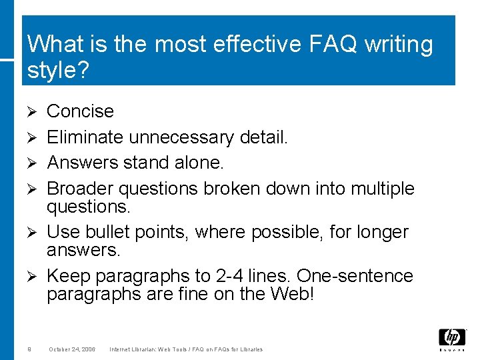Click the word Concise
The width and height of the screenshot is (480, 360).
pos(80,111)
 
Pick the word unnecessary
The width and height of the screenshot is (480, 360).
pos(181,137)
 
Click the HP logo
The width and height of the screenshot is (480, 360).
pos(452,339)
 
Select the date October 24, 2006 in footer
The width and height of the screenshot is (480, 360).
pos(72,349)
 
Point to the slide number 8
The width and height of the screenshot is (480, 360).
pos(30,349)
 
